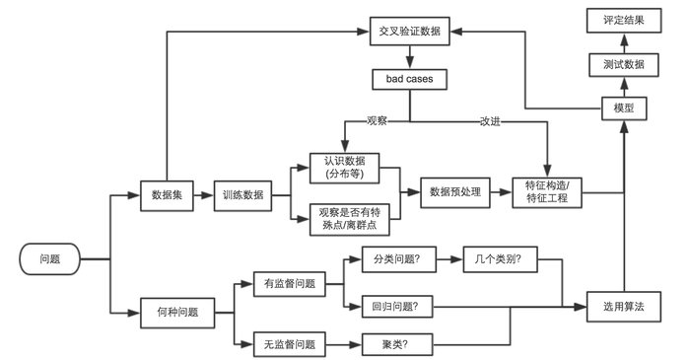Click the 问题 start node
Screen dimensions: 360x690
point(49,258)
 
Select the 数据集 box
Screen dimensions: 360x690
point(165,193)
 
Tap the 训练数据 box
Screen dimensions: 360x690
point(242,193)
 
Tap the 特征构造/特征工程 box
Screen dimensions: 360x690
point(548,192)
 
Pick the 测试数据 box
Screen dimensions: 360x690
point(623,64)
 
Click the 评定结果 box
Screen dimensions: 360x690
point(623,20)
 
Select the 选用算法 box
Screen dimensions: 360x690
point(623,307)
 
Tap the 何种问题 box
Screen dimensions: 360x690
point(177,312)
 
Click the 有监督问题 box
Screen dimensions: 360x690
point(290,284)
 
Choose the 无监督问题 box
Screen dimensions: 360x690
point(290,344)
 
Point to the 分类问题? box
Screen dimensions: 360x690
point(390,261)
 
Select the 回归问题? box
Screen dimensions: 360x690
point(390,307)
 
